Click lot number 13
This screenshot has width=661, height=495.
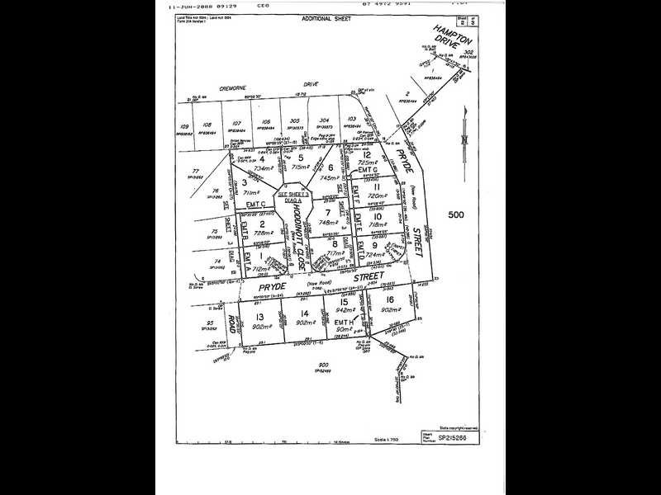coord(259,316)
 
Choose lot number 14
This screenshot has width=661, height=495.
coord(305,313)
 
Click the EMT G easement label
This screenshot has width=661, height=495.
coord(369,170)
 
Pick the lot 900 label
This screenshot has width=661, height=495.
coord(321,365)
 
